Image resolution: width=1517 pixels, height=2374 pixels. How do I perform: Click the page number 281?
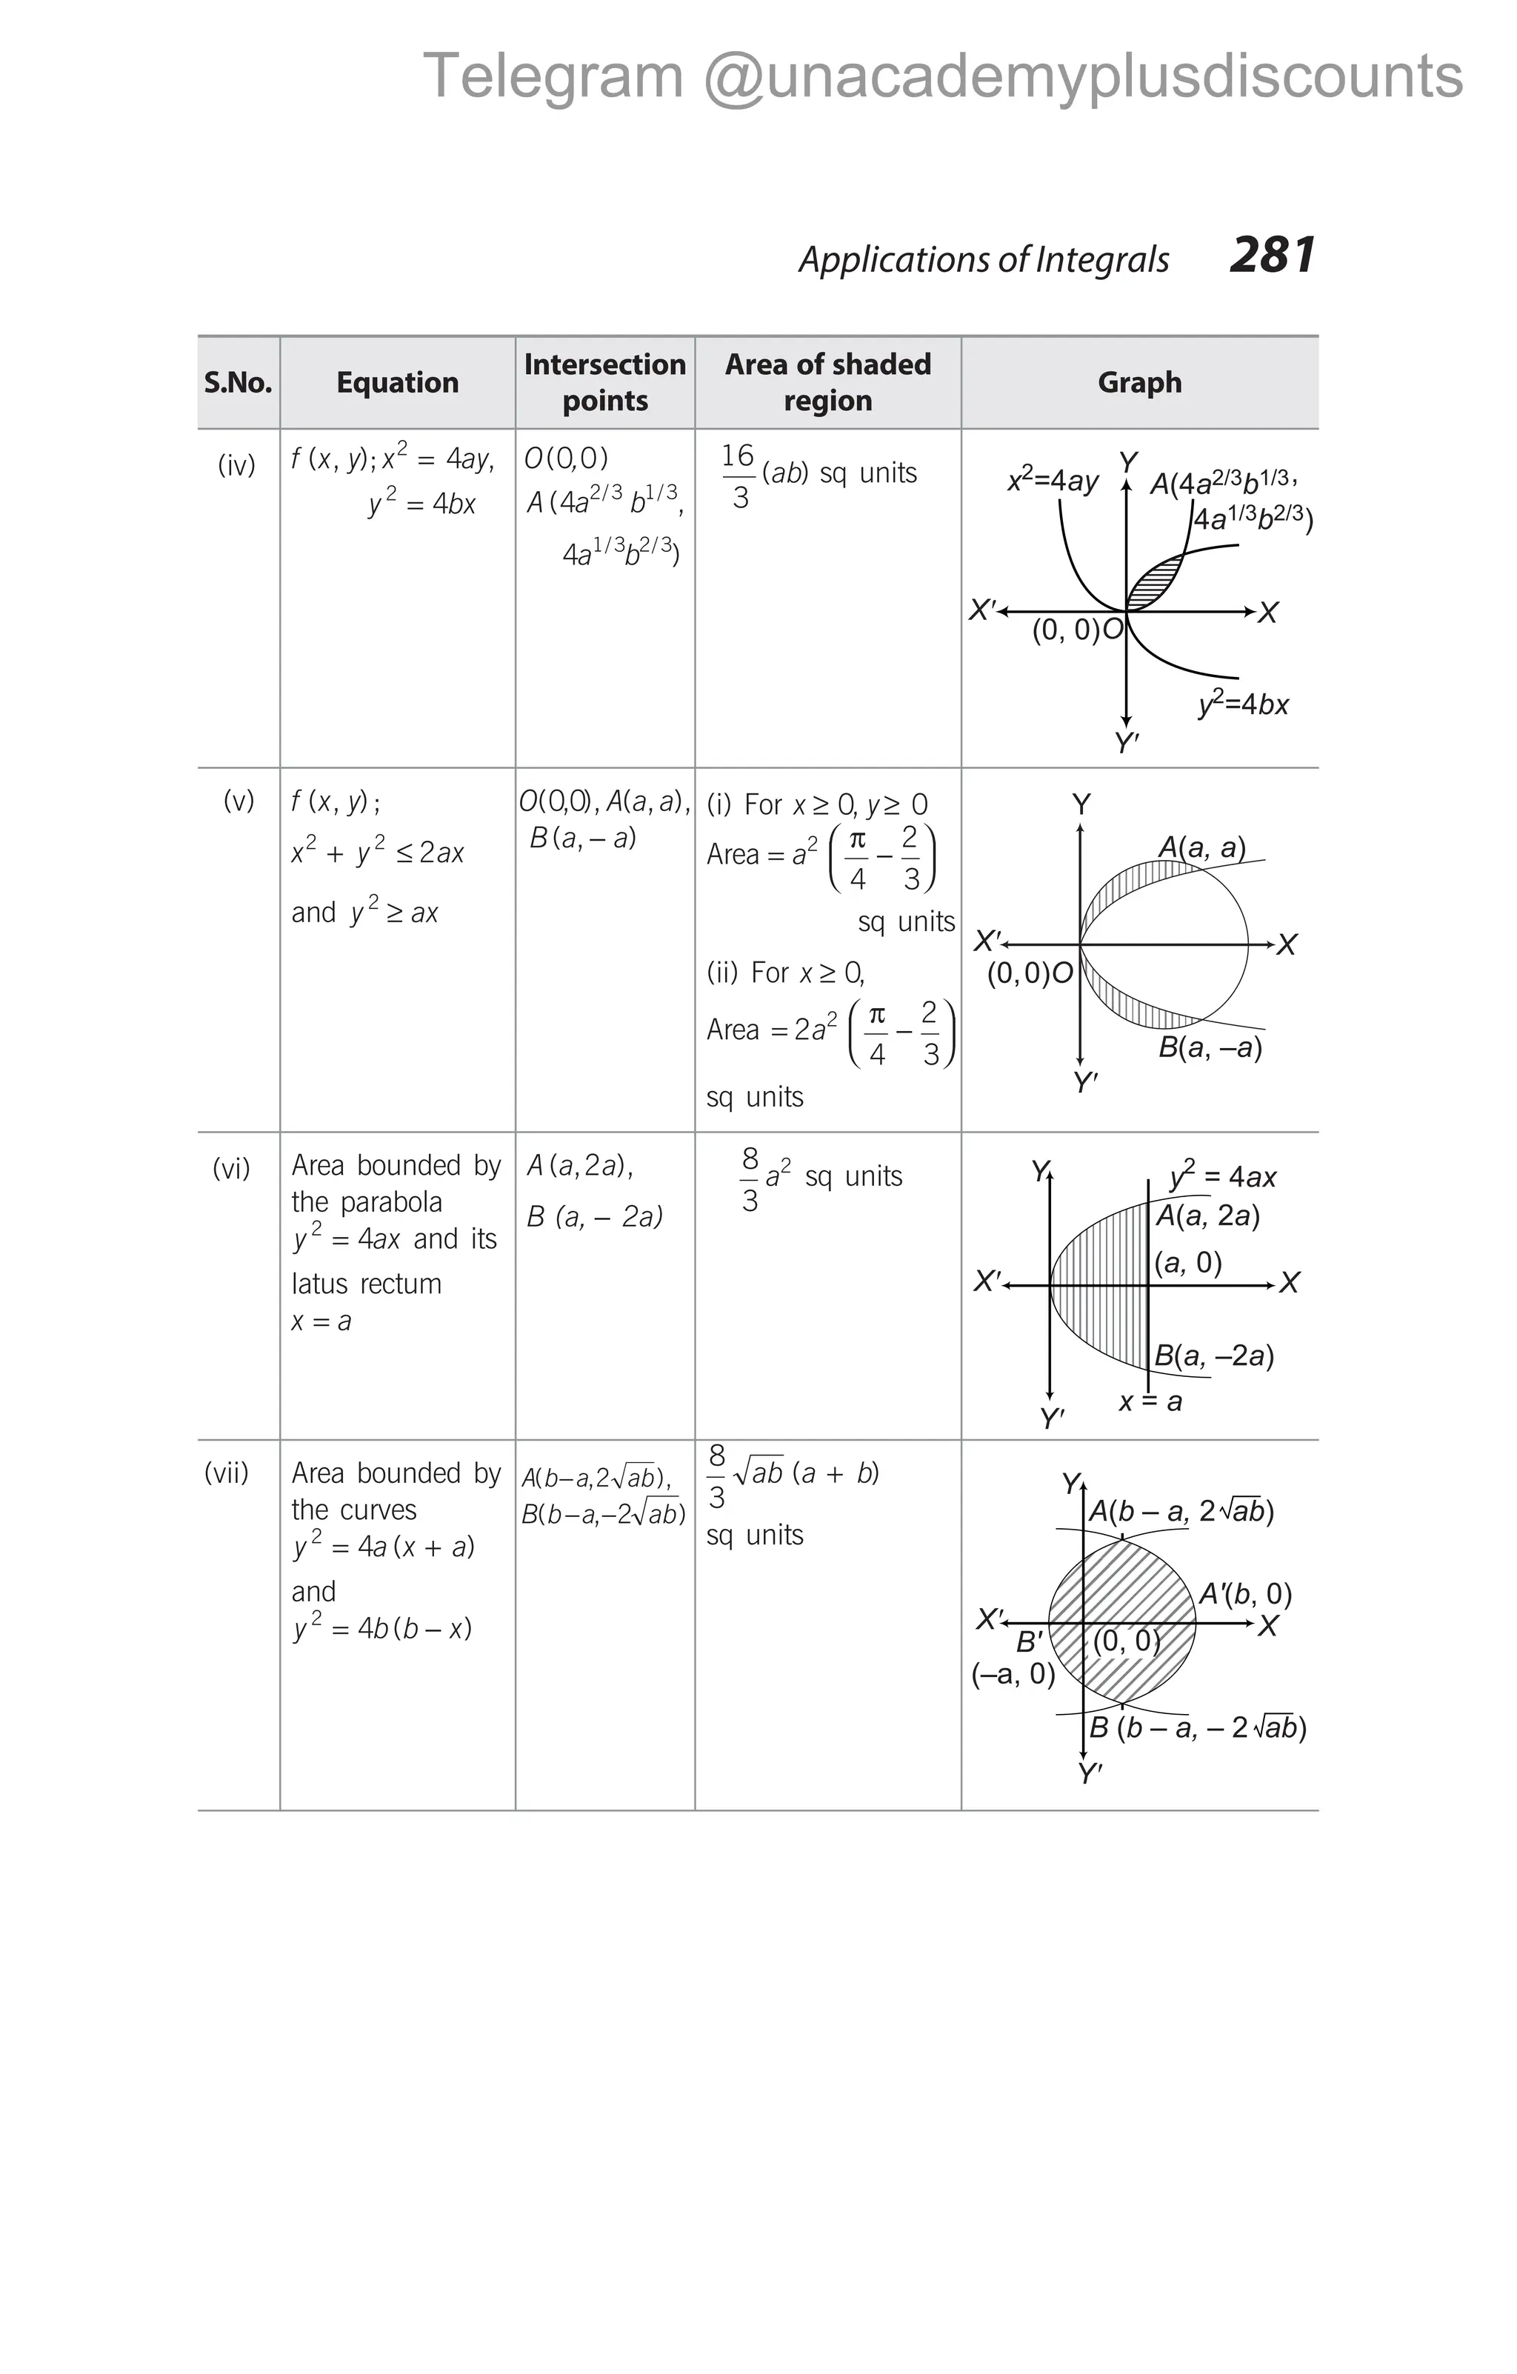1273,256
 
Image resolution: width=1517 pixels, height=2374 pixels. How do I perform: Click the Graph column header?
1139,382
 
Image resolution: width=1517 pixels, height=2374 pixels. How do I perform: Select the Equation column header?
397,382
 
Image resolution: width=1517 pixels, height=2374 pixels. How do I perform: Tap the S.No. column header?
238,382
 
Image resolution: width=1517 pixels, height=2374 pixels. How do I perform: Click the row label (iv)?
236,465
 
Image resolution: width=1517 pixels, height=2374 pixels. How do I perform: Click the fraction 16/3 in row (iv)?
739,476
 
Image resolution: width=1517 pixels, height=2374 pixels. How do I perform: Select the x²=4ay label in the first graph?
1052,481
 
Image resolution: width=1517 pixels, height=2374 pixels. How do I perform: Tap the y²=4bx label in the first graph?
1243,703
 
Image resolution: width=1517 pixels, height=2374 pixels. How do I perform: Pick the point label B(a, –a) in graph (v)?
1210,1047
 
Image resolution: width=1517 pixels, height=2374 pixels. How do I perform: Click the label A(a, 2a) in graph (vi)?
1207,1216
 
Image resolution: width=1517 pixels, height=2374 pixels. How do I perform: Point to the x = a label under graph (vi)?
1150,1401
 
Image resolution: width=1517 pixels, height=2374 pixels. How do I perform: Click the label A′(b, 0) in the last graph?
1245,1594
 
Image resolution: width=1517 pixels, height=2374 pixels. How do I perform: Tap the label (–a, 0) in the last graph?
1013,1674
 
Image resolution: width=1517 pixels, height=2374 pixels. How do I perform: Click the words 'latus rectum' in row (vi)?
367,1284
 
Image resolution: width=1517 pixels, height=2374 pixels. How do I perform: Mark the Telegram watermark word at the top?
553,77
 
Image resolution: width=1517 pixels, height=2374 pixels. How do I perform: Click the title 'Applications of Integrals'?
984,259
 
